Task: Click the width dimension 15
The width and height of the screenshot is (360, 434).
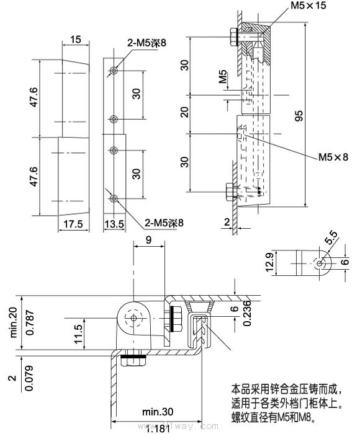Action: coord(76,40)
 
